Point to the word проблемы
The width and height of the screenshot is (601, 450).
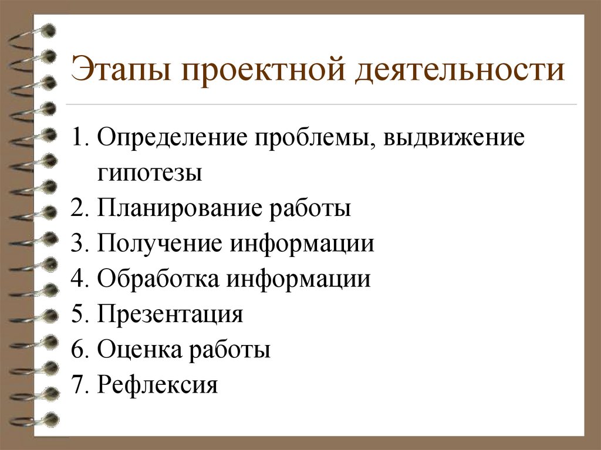(313, 140)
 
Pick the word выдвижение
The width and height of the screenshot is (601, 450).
(453, 140)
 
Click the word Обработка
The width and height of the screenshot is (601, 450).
(160, 279)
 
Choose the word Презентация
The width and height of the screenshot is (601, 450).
(170, 314)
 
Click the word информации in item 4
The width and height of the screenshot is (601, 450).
(299, 279)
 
